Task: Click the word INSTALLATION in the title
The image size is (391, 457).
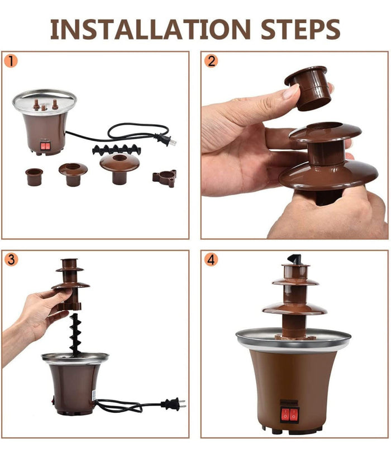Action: point(150,29)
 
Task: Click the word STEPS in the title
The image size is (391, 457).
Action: point(301,29)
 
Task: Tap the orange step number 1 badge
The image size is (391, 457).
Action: point(11,61)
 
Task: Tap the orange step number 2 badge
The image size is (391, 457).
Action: point(211,61)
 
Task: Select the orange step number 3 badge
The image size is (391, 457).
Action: point(11,260)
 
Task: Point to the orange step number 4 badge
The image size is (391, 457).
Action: point(211,260)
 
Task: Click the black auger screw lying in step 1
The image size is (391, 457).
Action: point(117,150)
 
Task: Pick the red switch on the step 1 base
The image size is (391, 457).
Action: point(45,146)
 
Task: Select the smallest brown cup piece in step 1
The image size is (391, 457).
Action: point(34,177)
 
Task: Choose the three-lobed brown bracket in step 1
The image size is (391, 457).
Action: point(164,178)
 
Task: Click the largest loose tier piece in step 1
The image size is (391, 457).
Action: point(120,168)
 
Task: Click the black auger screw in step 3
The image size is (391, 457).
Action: point(75,334)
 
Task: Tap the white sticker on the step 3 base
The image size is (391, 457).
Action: point(94,395)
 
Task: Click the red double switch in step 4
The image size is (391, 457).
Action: point(290,415)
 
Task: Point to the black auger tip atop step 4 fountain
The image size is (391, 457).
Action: point(294,259)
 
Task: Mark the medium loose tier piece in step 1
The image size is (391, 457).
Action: point(73,174)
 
